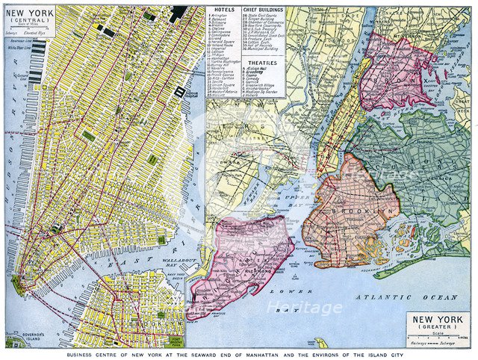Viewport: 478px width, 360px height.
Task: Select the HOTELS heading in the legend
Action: (223, 11)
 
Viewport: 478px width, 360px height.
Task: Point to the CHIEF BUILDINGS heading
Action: (258, 11)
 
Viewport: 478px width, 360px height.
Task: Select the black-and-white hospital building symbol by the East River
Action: (179, 90)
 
